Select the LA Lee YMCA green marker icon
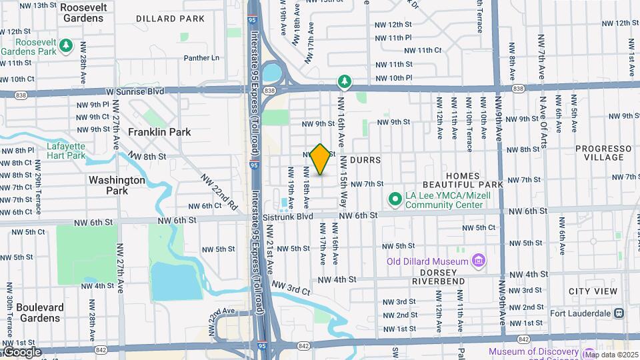395,199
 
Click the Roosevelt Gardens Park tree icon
65,45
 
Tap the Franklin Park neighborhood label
159,132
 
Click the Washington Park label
117,185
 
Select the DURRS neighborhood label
366,160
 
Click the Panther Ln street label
201,58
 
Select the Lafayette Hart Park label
66,151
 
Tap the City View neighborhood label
593,291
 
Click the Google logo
21,352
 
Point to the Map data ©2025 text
611,354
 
